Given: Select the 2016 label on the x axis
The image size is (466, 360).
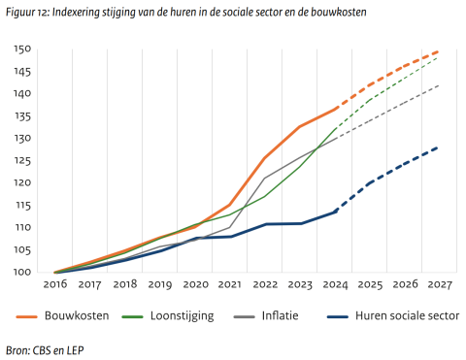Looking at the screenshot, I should [54, 285].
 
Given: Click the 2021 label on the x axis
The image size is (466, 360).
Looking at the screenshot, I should [229, 285].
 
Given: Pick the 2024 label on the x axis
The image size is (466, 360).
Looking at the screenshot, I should [334, 285].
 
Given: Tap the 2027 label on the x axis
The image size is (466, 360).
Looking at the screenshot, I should [439, 285].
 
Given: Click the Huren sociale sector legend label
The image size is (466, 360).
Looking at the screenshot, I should [407, 315].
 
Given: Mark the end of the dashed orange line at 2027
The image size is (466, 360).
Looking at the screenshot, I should [439, 51].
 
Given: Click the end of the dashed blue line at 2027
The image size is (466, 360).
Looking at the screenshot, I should [439, 147].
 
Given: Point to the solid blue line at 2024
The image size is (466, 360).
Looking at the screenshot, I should [334, 212].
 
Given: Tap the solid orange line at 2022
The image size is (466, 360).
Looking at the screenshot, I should [264, 157].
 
